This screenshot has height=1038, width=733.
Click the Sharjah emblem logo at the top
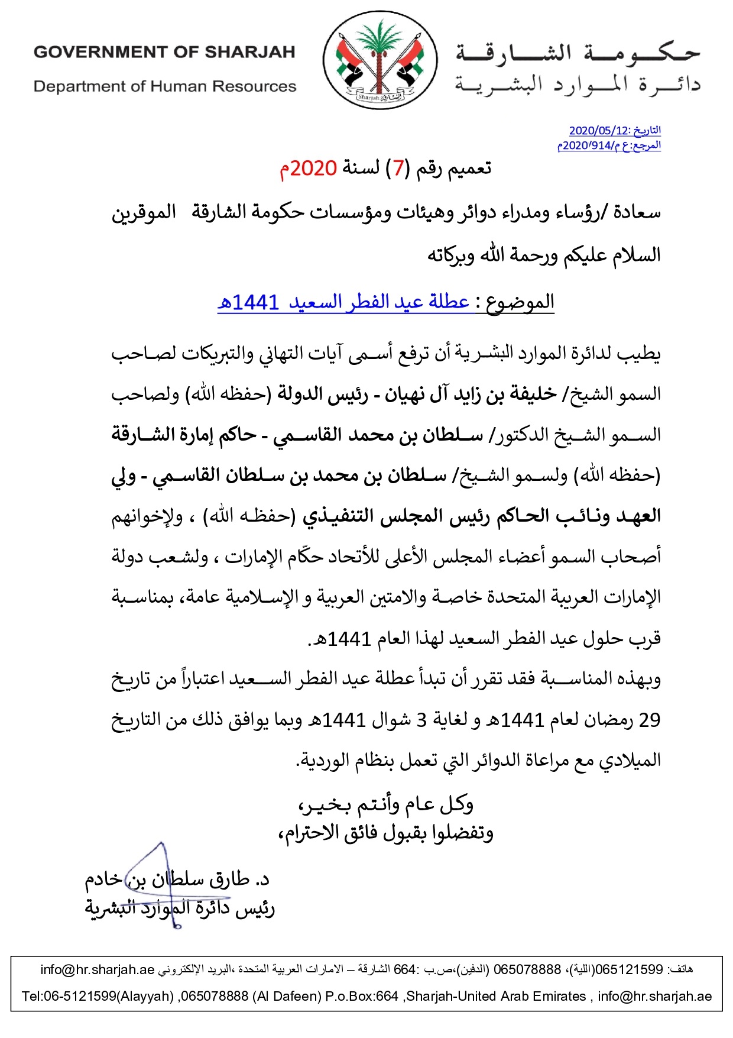point(380,60)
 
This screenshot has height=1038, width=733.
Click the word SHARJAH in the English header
point(249,52)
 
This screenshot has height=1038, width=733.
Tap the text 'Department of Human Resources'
point(164,86)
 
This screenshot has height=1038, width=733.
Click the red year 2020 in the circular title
point(313,169)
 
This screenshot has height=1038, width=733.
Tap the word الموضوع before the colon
point(520,302)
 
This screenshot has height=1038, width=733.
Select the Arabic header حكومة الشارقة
point(577,53)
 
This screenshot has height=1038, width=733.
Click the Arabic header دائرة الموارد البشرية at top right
point(577,85)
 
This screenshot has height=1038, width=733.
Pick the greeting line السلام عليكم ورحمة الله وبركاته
point(544,256)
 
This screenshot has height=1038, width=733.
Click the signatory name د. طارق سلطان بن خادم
point(177,879)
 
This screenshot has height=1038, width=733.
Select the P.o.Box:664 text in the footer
point(362,996)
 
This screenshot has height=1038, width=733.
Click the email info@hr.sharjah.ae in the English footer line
point(654,996)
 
